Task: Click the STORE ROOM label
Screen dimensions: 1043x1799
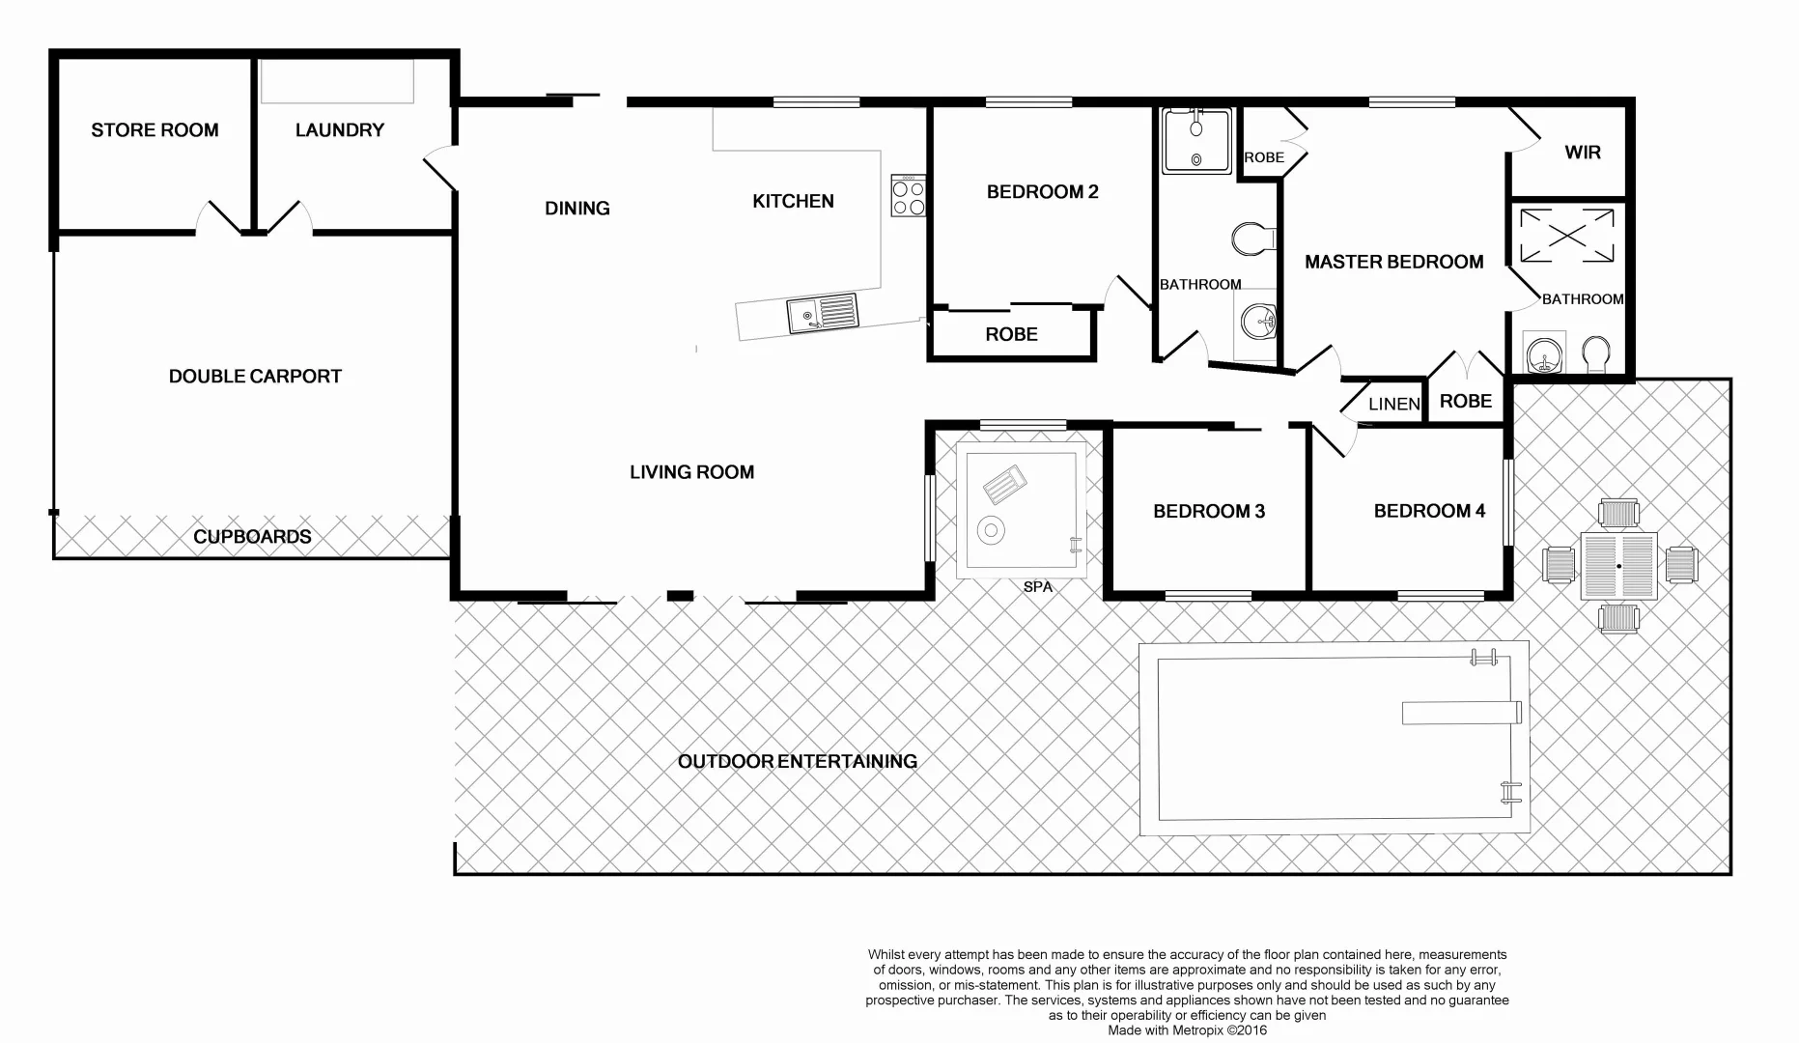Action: click(155, 129)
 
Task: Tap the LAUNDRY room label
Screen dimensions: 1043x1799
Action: click(340, 129)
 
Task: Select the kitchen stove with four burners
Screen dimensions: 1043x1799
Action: click(908, 196)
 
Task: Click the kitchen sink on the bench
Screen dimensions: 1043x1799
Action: click(822, 313)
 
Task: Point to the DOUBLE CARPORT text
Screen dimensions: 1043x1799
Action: click(255, 377)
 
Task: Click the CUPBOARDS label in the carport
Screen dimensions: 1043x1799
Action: click(252, 537)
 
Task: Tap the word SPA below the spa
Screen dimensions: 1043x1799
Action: click(1038, 587)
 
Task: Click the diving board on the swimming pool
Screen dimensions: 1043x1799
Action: click(1461, 713)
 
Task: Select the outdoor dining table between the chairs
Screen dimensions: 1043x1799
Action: click(1618, 566)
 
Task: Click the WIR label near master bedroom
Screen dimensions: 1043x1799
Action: click(1583, 153)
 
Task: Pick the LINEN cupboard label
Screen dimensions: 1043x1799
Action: click(1394, 404)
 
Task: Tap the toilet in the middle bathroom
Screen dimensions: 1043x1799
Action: click(1252, 239)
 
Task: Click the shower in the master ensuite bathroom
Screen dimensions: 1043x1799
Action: click(1566, 236)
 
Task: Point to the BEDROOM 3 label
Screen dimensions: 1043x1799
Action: click(1209, 512)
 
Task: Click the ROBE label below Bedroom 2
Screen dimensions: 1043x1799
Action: click(1011, 334)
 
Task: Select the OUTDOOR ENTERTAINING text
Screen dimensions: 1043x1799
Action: click(798, 762)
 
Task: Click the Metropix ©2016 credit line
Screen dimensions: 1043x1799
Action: click(1187, 1030)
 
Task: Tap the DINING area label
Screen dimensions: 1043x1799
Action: click(577, 209)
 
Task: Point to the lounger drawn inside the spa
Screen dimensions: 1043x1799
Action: click(1004, 484)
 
